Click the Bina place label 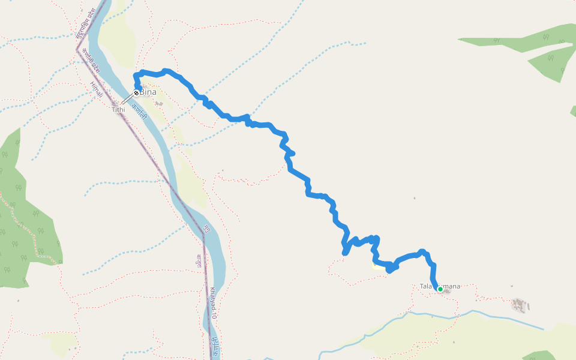pos(148,92)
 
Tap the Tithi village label pos(118,110)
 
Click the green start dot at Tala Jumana pos(440,289)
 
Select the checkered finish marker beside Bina pos(137,93)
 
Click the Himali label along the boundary pos(96,90)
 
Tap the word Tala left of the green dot pos(426,286)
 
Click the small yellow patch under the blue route pos(377,266)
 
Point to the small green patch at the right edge pos(573,111)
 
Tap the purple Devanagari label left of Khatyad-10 pos(199,261)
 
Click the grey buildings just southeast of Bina pos(159,103)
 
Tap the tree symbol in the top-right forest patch pos(550,58)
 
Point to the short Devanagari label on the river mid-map pos(206,229)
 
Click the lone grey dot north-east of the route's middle pos(414,198)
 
